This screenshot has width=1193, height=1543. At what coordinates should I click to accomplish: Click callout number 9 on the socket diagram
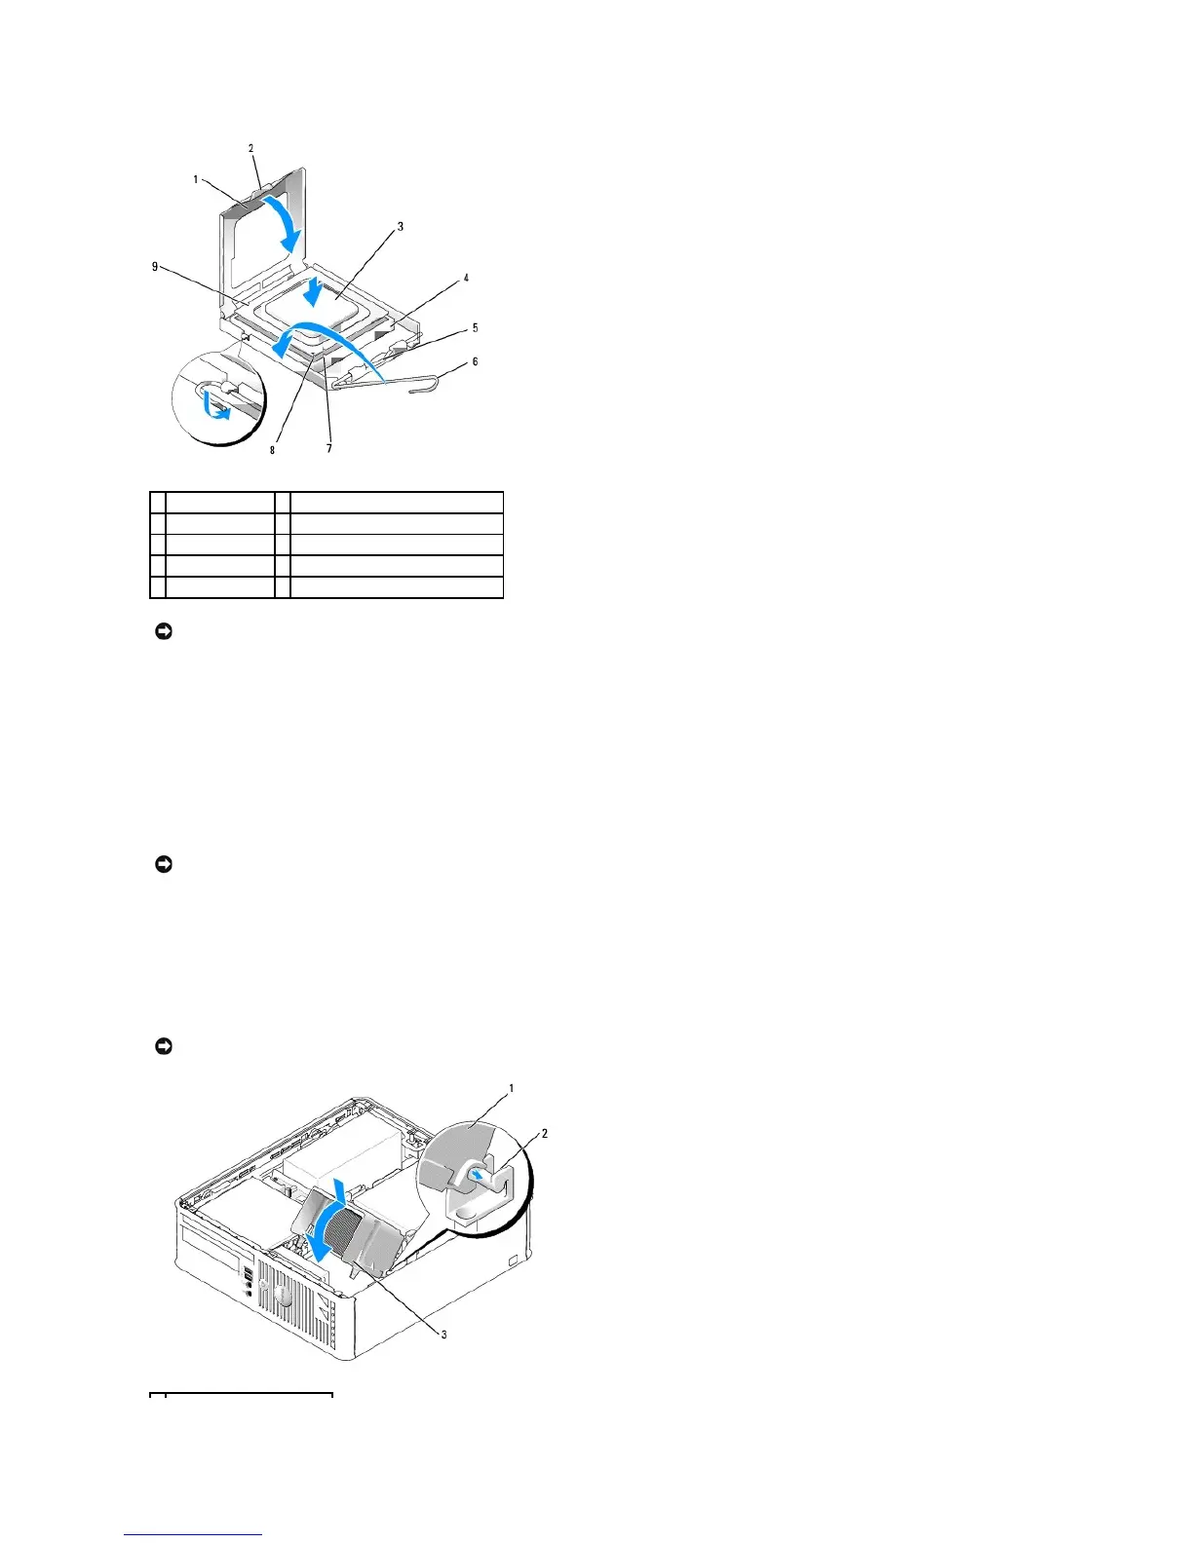point(155,267)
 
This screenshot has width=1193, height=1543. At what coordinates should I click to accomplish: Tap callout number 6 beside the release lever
point(475,361)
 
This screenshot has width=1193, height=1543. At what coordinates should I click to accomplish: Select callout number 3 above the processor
point(400,226)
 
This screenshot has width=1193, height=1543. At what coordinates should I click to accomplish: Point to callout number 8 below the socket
point(273,450)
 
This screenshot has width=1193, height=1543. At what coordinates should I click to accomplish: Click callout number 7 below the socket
point(329,449)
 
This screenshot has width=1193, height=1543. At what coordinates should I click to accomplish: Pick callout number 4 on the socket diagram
point(466,278)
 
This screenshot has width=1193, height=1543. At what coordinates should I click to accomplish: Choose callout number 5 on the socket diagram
point(475,328)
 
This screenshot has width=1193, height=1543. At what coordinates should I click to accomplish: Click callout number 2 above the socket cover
point(250,148)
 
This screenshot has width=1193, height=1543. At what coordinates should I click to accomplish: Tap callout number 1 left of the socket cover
point(196,179)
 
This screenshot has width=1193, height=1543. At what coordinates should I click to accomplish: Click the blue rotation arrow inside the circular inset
point(215,405)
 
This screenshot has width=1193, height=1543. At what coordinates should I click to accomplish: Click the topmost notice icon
point(164,632)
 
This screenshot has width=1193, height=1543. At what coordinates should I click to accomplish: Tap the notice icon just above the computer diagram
point(164,1046)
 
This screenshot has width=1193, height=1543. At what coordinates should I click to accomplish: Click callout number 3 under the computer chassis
point(443,1334)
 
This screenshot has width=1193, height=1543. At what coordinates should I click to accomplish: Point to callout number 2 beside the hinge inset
point(544,1133)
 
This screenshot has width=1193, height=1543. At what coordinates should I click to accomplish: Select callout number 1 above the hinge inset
point(512,1088)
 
